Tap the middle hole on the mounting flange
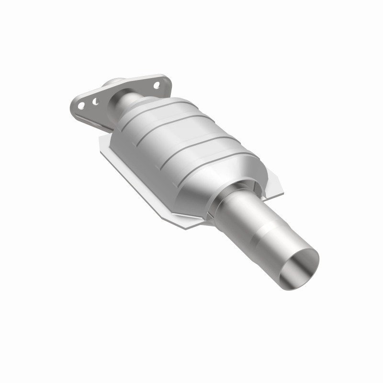click(95, 101)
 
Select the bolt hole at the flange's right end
click(156, 85)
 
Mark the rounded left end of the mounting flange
click(73, 105)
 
